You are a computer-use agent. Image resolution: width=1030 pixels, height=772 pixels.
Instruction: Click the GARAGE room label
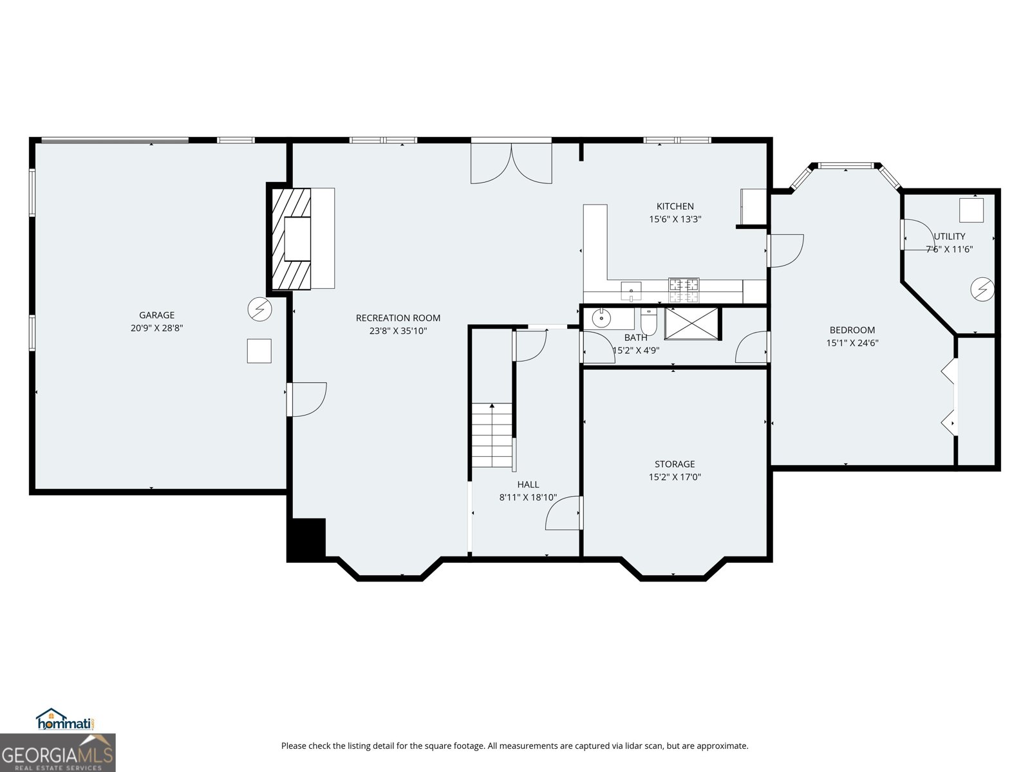point(156,315)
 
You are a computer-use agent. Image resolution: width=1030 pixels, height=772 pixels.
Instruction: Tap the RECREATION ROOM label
point(398,318)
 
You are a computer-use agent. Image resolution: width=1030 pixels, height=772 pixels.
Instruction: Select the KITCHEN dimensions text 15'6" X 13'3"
point(675,219)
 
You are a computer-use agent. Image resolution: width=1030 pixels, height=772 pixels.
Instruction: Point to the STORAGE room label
point(675,464)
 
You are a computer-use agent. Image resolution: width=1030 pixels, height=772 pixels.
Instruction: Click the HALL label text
point(528,484)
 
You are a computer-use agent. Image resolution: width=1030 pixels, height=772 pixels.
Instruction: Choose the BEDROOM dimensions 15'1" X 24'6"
point(852,343)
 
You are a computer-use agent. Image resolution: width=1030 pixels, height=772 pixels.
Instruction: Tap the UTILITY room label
point(950,236)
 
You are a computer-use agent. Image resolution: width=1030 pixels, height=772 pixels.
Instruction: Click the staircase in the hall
point(492,435)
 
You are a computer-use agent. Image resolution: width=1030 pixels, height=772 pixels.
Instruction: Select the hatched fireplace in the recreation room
point(292,239)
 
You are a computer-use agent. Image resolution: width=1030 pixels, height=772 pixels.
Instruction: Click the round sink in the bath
point(601,318)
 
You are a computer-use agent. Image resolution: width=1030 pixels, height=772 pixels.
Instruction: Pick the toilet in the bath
point(649,322)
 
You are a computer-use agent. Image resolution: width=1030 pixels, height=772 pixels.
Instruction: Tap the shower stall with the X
point(691,324)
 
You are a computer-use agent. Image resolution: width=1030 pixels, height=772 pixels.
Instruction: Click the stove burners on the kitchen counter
point(684,290)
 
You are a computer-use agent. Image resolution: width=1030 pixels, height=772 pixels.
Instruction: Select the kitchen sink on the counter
point(631,291)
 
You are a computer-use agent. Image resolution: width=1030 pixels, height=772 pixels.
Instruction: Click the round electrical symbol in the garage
point(259,309)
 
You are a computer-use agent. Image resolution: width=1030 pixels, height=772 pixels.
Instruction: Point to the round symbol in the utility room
point(982,289)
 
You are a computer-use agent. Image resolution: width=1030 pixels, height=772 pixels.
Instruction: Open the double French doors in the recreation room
point(511,163)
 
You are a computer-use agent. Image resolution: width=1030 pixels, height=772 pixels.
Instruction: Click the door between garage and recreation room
point(306,400)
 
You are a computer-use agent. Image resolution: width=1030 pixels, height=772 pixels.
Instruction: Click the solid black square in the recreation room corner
point(306,539)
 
